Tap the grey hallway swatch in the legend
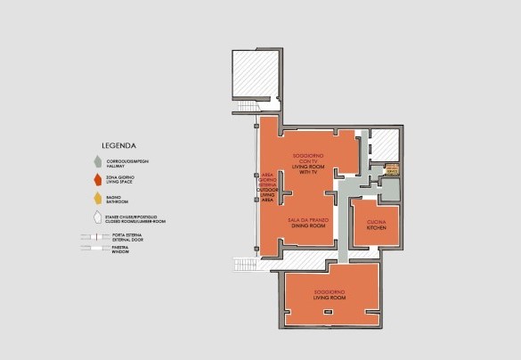pos(96,161)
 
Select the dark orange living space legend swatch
pos(96,178)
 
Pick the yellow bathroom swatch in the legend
pos(96,198)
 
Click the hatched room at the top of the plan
pos(256,73)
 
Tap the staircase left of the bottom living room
pos(245,265)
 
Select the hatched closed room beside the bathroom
pos(383,145)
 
